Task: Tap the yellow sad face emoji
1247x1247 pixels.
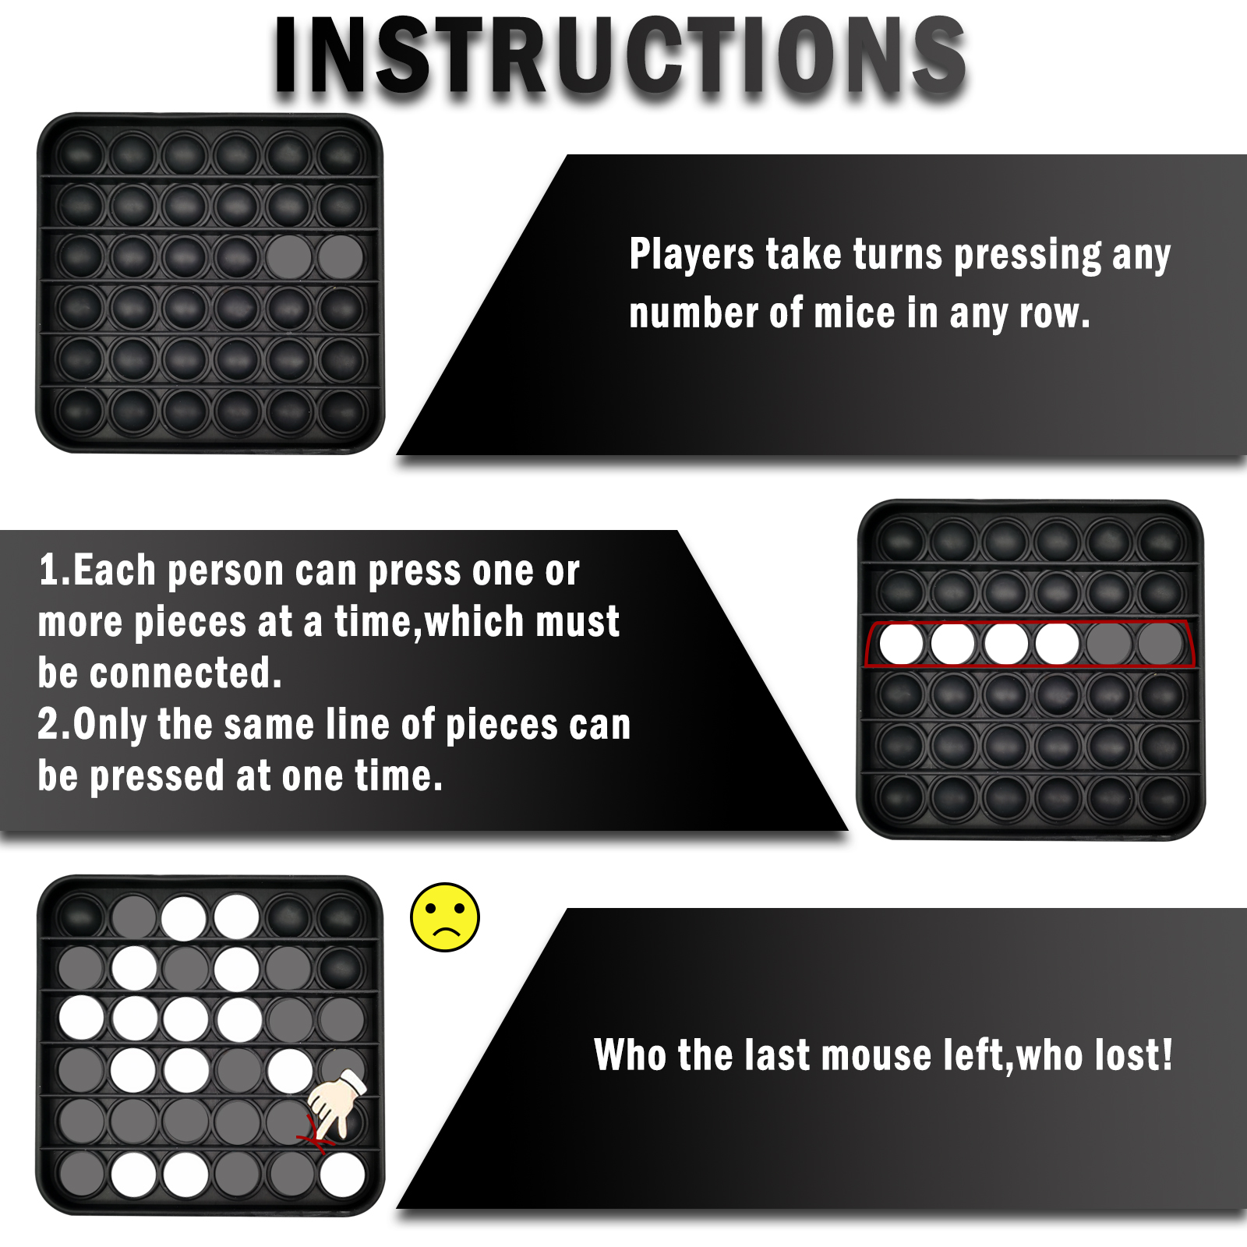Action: pos(445,917)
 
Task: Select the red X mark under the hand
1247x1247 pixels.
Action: pos(316,1135)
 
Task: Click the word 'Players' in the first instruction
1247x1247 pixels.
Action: pos(691,254)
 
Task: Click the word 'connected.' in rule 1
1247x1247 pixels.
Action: pos(185,673)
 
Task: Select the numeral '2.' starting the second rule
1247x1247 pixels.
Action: pos(55,724)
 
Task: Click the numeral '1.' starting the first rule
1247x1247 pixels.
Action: pos(55,570)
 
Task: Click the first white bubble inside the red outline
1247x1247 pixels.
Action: pos(902,644)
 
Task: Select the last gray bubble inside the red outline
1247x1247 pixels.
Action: pos(1160,644)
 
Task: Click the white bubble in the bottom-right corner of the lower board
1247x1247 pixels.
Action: pos(342,1175)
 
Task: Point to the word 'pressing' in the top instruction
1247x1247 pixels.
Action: pos(1028,256)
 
